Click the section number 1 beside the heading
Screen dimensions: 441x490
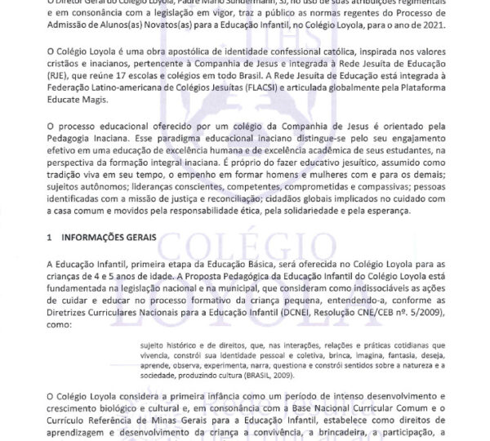pos(50,238)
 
